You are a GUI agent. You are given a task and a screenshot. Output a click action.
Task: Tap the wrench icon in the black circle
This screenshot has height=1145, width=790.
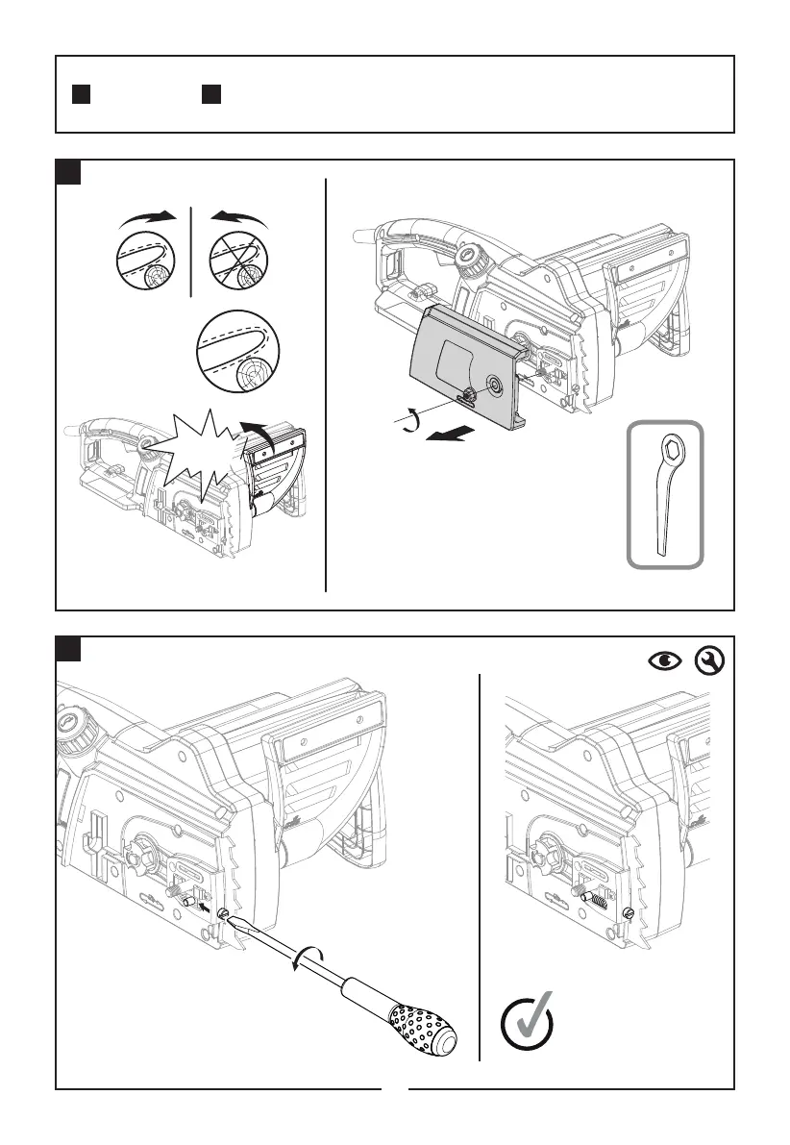point(705,660)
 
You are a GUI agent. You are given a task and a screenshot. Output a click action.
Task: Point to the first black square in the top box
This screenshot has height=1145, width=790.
point(82,94)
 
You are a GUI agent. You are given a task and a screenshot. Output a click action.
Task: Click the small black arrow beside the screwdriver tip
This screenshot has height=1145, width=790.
point(205,905)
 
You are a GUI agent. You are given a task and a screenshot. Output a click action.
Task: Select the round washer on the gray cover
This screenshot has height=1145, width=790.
point(494,385)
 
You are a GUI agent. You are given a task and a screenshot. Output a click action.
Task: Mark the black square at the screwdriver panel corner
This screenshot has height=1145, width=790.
point(67,649)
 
